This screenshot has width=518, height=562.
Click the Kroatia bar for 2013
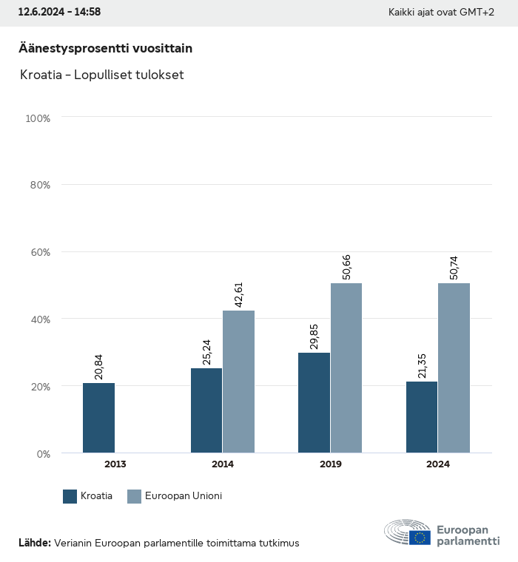(98, 418)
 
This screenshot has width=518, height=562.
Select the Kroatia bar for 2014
(206, 410)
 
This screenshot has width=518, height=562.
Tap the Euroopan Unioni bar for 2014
(239, 382)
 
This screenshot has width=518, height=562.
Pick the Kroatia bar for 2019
(314, 403)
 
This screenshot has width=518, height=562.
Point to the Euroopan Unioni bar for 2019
(346, 368)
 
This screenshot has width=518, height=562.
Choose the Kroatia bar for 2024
(422, 417)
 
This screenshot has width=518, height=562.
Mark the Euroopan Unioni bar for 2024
(454, 368)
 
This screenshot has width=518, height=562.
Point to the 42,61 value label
(239, 294)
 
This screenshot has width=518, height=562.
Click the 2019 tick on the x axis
(330, 464)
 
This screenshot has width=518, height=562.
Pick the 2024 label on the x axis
(437, 464)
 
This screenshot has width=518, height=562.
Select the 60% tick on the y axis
(38, 252)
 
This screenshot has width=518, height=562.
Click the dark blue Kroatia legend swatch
(70, 496)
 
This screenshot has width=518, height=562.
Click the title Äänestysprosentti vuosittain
(105, 49)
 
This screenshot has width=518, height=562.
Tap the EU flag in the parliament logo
(420, 538)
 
